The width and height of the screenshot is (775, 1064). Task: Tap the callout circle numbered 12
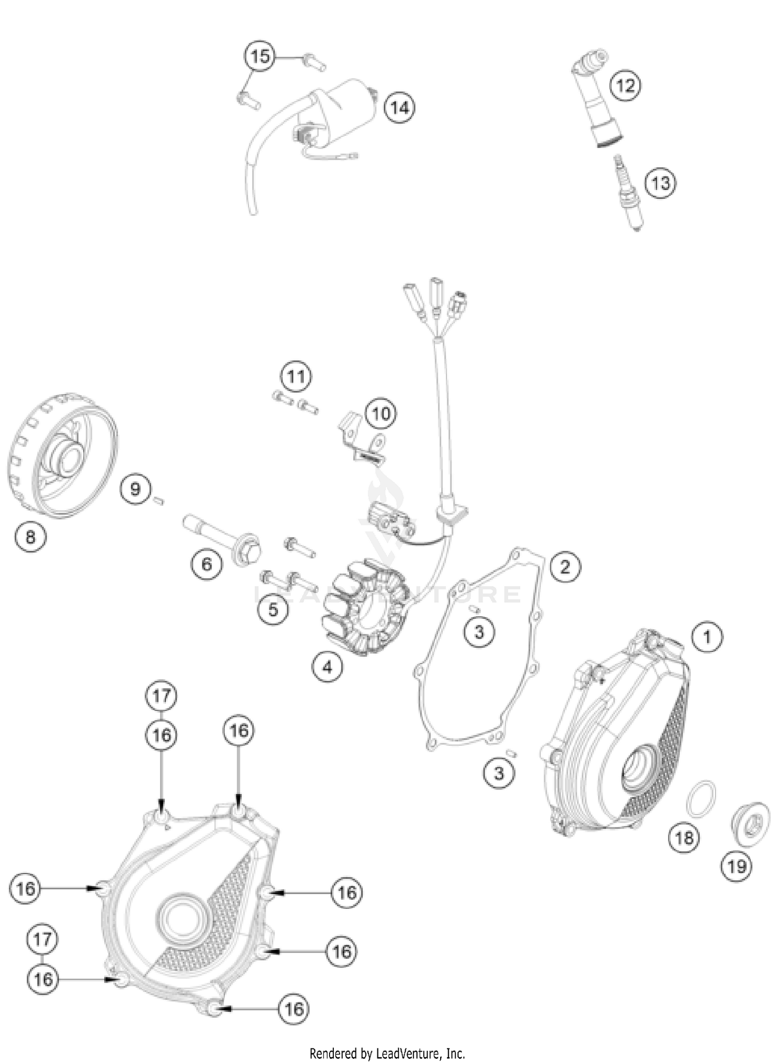[x=625, y=85]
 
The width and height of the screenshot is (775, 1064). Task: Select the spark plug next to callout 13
[x=628, y=194]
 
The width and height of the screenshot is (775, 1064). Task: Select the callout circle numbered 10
[x=381, y=413]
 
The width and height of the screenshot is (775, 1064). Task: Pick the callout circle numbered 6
[x=206, y=564]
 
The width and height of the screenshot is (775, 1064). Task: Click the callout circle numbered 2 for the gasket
[x=565, y=567]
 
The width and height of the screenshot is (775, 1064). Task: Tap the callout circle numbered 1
[x=707, y=637]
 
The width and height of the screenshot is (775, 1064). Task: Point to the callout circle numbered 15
[x=260, y=56]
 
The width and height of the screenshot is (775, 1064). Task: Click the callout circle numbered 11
[x=296, y=377]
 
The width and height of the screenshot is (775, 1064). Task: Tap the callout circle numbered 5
[x=273, y=609]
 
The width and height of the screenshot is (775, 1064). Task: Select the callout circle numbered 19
[x=736, y=866]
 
